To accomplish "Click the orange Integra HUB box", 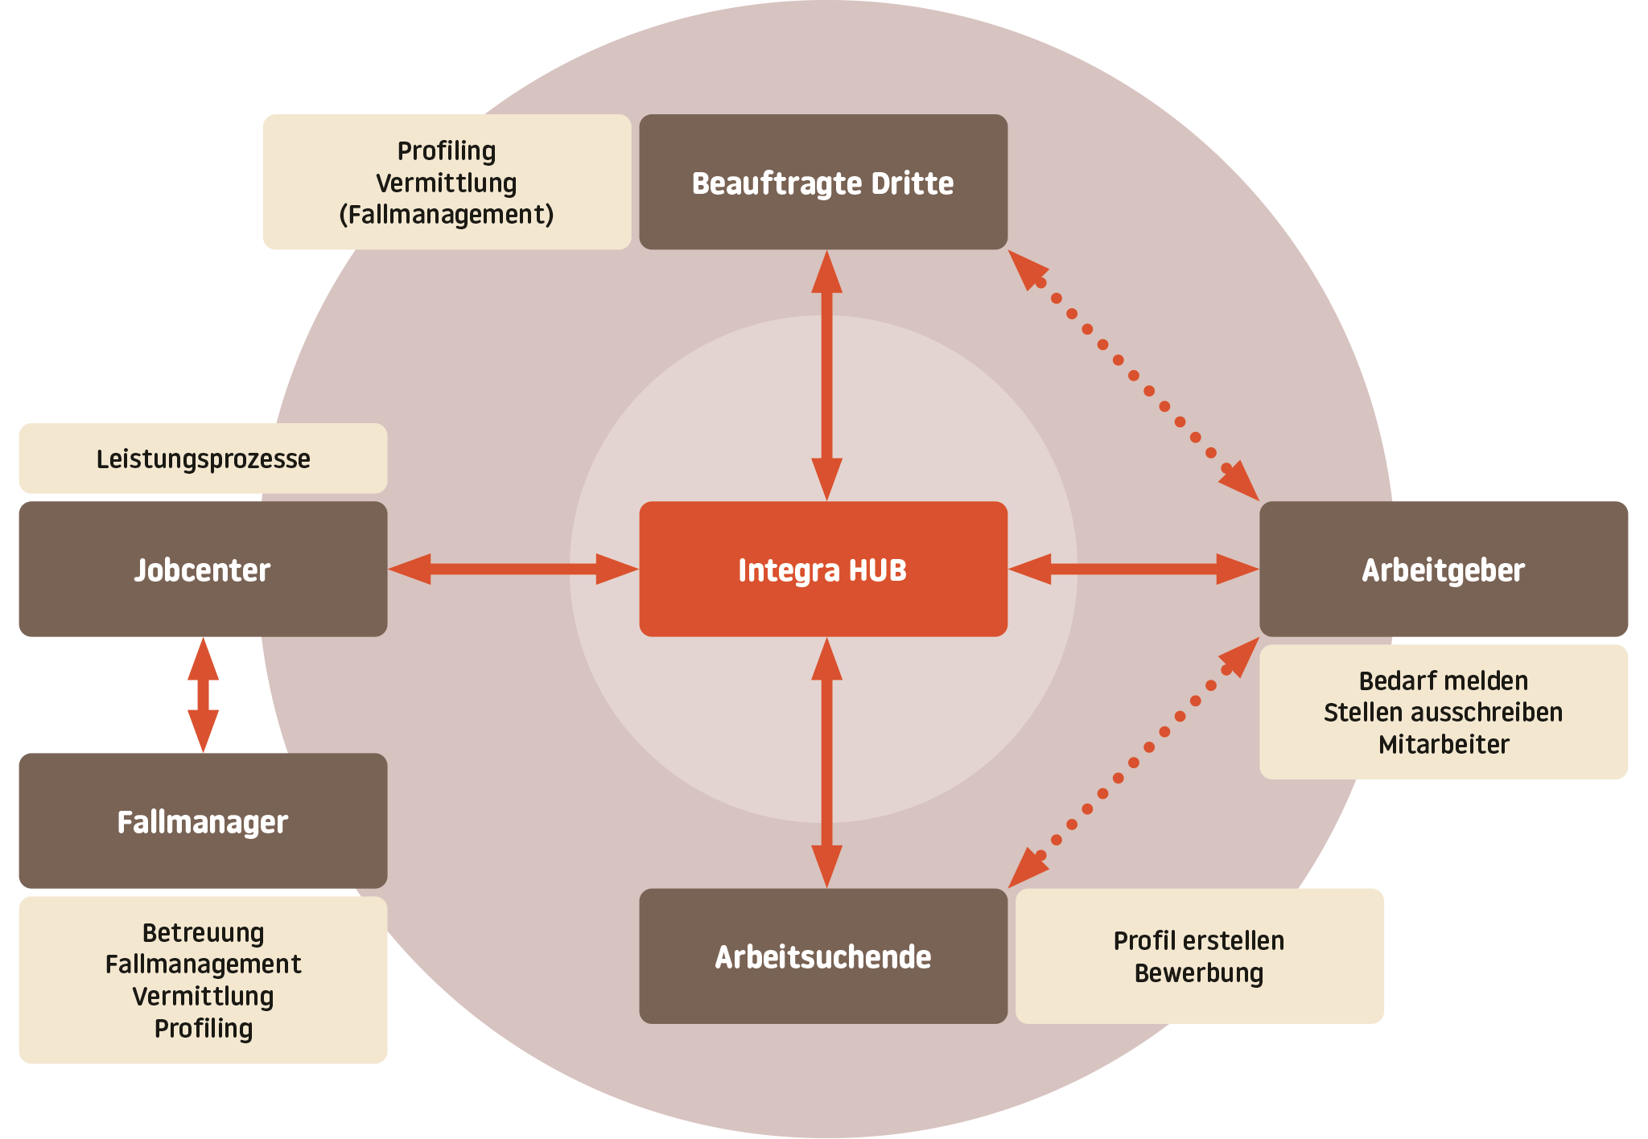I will (822, 569).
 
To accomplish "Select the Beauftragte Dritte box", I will (822, 183).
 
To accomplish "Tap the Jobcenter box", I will (203, 569).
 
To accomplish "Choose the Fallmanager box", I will (203, 821).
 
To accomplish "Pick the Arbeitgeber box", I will (1443, 569).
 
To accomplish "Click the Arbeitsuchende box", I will (822, 956).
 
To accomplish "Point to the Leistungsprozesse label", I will (203, 458).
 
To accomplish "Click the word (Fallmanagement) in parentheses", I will (447, 215).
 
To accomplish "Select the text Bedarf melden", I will (1443, 681).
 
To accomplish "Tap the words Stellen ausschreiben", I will (1443, 712).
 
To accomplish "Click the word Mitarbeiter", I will (1443, 744).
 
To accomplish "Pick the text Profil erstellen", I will (1198, 940).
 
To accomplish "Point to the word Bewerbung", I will (1198, 972).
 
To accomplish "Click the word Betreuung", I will (203, 932).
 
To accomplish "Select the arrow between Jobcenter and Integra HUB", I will (513, 569).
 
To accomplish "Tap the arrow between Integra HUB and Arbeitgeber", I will (1133, 569).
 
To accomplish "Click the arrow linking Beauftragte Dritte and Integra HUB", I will (826, 375).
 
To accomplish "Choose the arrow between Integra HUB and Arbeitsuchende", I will (826, 763).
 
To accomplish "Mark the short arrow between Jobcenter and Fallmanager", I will (203, 695).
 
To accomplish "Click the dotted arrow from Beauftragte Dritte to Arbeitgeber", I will (1133, 375).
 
